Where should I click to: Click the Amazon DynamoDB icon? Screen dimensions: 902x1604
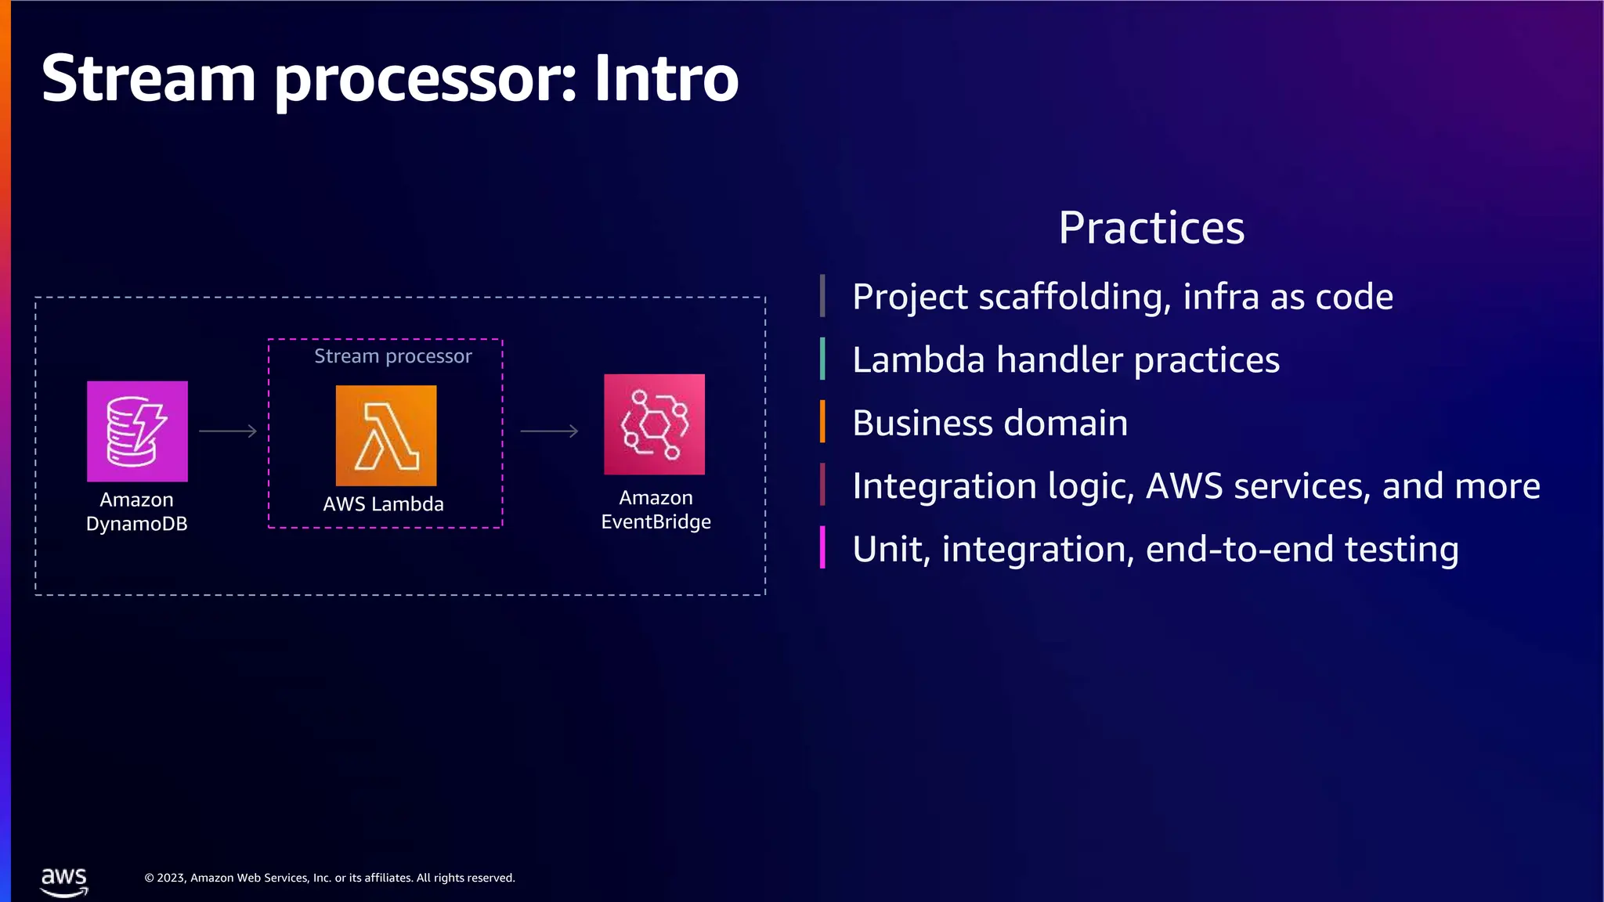[137, 431]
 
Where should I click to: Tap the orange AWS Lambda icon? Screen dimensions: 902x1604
[386, 435]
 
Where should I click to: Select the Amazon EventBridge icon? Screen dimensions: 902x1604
[654, 424]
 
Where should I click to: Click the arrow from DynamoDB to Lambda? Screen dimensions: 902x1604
[228, 431]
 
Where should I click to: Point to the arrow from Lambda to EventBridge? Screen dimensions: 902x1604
[549, 431]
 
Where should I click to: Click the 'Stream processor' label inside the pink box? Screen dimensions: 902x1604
[393, 357]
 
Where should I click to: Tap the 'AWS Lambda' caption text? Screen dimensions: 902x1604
[384, 504]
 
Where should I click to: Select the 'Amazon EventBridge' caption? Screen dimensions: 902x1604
[656, 510]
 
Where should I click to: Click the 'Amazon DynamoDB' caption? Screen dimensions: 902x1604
[137, 512]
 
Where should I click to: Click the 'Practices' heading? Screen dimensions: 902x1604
[1151, 229]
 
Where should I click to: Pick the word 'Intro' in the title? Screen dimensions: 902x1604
[667, 78]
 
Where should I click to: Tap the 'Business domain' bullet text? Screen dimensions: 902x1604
[990, 424]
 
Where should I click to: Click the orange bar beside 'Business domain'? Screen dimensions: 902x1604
[822, 422]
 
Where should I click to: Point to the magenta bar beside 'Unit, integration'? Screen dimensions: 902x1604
[822, 547]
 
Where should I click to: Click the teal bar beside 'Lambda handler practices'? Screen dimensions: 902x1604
[822, 359]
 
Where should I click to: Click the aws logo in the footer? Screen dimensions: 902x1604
[64, 881]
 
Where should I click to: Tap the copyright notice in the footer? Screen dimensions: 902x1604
[330, 879]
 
